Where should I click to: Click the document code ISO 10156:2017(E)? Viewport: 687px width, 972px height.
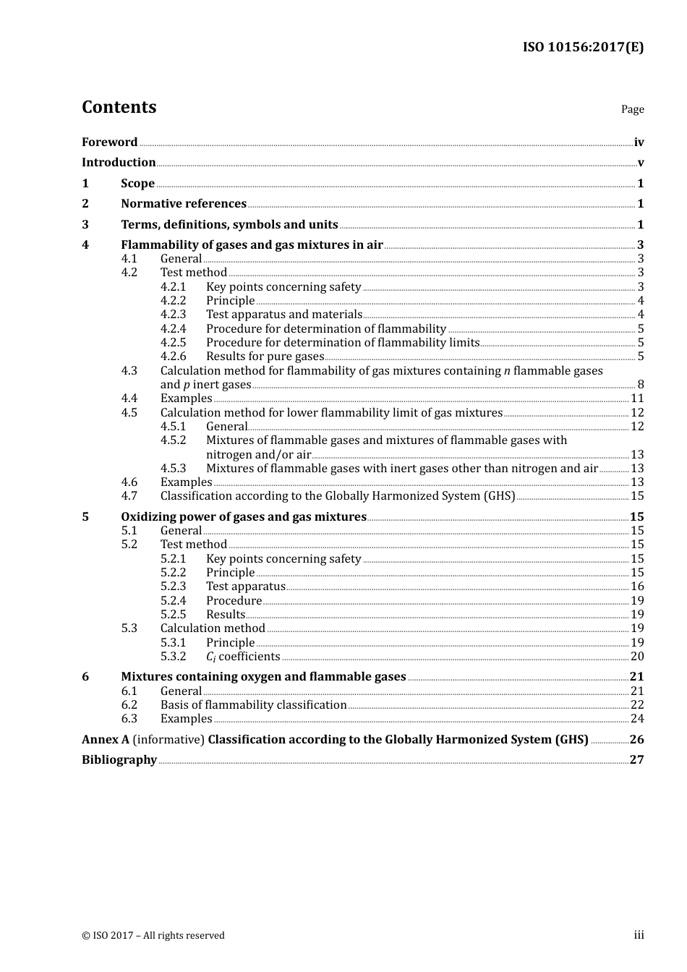(x=583, y=48)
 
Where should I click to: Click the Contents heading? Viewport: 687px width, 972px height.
(x=119, y=107)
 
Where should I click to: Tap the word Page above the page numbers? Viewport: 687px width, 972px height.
(x=632, y=109)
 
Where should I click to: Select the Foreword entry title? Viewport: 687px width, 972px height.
(x=109, y=142)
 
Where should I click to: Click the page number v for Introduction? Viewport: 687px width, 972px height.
(x=640, y=163)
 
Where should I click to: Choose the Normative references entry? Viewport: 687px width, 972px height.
(x=184, y=204)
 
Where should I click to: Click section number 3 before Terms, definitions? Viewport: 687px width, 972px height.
(x=85, y=225)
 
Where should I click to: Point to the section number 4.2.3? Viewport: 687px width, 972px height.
(x=173, y=315)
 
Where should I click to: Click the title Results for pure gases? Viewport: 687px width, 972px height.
(x=265, y=357)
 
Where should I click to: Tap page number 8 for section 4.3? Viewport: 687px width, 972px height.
(x=640, y=385)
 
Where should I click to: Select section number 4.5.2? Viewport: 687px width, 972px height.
(x=173, y=440)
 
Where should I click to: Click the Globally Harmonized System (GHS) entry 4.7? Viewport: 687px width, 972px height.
(x=338, y=496)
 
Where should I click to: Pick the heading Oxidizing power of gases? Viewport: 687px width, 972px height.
(x=244, y=517)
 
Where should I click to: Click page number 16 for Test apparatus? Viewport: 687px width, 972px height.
(x=637, y=587)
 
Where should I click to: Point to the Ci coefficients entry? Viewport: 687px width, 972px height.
(x=243, y=657)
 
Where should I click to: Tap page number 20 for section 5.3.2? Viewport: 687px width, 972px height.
(x=637, y=657)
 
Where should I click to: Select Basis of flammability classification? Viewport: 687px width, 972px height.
(x=253, y=705)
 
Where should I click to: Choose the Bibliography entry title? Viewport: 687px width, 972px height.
(x=119, y=760)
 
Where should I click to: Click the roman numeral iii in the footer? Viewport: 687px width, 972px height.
(x=639, y=935)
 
